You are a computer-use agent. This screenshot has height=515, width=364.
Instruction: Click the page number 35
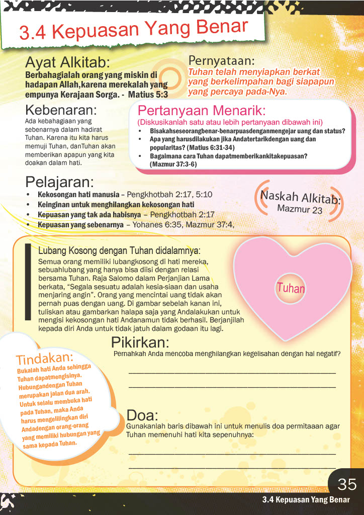pos(347,484)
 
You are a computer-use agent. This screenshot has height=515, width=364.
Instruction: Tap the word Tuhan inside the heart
pos(291,288)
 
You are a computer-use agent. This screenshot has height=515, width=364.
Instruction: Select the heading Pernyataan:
pos(221,61)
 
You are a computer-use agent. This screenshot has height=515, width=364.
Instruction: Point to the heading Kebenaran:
pos(61,110)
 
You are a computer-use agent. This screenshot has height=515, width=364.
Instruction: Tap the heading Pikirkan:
pos(140,343)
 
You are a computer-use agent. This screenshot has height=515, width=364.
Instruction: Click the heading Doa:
pos(142,415)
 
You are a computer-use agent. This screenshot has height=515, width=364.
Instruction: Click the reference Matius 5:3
pos(148,94)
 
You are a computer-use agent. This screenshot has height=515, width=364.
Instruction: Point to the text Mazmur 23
pos(300,208)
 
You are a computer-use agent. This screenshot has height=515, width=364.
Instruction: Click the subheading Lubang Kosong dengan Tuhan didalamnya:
pos(119,250)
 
